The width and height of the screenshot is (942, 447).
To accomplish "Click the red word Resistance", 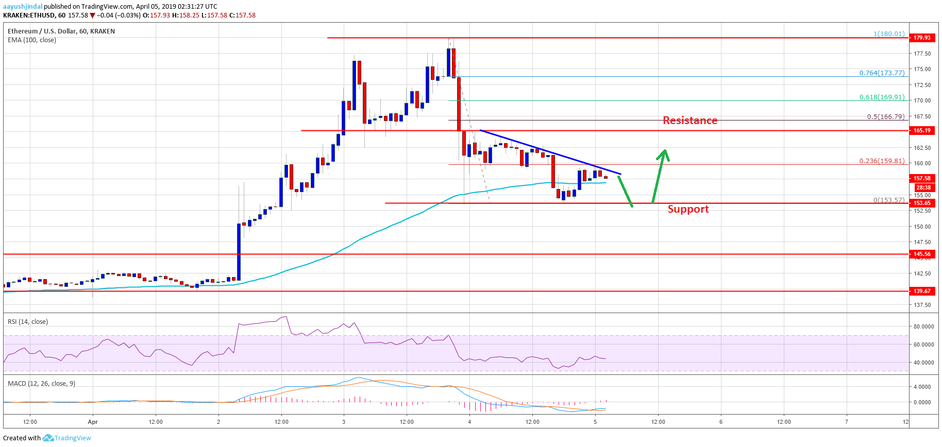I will click(689, 121).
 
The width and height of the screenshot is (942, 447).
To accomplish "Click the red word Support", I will click(688, 209).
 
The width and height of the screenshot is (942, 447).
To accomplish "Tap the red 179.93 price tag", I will click(922, 38).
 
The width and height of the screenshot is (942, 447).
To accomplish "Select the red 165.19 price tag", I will click(922, 130).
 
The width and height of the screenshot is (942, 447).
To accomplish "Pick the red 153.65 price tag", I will click(922, 203).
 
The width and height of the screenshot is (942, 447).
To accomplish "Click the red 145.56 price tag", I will click(922, 254).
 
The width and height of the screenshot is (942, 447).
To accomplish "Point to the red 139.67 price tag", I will click(922, 291).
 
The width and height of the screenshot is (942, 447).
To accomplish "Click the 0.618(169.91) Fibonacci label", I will click(882, 97).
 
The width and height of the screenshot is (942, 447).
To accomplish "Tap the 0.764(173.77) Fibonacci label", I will click(882, 73).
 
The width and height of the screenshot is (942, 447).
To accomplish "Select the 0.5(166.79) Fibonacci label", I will click(885, 116).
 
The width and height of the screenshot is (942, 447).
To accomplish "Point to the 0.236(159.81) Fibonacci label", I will click(882, 161).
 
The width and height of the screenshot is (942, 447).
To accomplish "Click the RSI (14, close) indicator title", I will click(28, 322).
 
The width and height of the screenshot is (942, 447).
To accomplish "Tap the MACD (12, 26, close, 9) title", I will click(41, 384).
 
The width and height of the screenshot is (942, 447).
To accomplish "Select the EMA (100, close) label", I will click(32, 40).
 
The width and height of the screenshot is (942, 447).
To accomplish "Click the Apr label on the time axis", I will click(93, 422).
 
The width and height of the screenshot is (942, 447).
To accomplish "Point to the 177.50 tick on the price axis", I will click(922, 54).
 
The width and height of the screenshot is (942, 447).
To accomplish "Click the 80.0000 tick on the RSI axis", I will click(923, 326).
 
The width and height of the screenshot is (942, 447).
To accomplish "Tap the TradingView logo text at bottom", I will click(73, 438).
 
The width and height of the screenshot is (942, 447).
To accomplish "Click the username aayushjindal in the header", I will click(23, 7).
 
